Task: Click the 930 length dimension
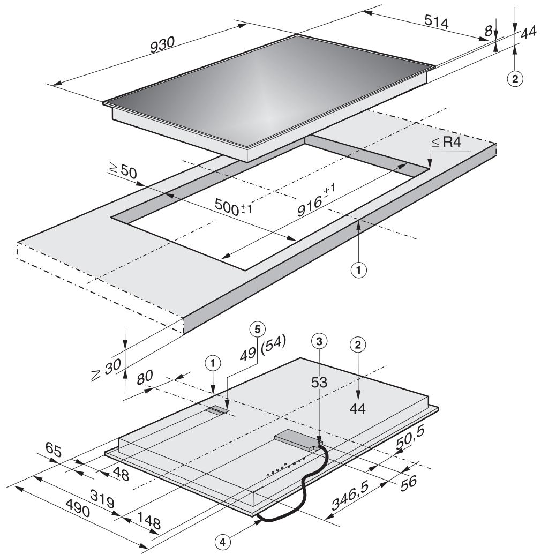pyautogui.click(x=162, y=45)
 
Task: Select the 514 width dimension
pyautogui.click(x=437, y=22)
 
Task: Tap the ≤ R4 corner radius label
pyautogui.click(x=446, y=143)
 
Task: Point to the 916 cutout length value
pyautogui.click(x=316, y=199)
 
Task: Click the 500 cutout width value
pyautogui.click(x=233, y=207)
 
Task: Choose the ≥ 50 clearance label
pyautogui.click(x=123, y=170)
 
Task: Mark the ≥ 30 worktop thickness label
pyautogui.click(x=106, y=370)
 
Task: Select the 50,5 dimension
pyautogui.click(x=410, y=438)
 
